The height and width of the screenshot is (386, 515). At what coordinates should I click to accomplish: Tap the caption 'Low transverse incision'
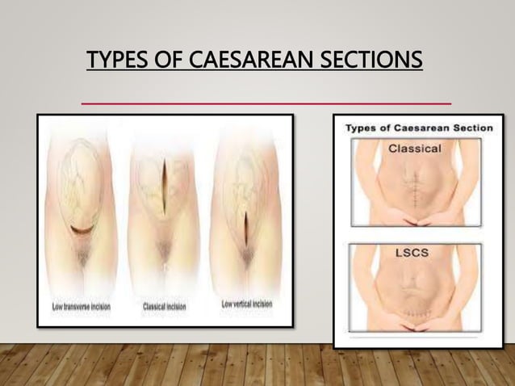pyautogui.click(x=82, y=307)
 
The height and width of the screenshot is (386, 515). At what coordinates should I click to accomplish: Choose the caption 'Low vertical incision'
pyautogui.click(x=247, y=304)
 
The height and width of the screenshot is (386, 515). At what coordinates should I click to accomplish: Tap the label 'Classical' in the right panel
pyautogui.click(x=415, y=149)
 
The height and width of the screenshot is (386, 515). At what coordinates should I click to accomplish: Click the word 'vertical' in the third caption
pyautogui.click(x=244, y=304)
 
